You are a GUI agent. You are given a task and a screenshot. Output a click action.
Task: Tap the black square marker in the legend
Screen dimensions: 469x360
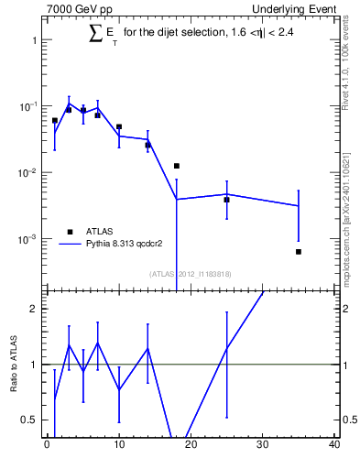[x=70, y=231]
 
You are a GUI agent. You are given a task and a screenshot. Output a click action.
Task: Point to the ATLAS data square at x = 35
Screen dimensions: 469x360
[x=299, y=251]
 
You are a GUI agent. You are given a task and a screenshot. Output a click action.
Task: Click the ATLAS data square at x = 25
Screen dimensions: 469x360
[x=226, y=199]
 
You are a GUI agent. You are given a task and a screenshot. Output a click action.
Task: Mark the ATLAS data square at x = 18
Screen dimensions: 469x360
[x=176, y=166]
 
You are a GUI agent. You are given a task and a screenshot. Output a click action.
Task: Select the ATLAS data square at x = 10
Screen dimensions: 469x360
[x=119, y=126]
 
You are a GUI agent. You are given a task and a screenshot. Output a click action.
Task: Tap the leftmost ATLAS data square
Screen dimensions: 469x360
[x=54, y=120]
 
